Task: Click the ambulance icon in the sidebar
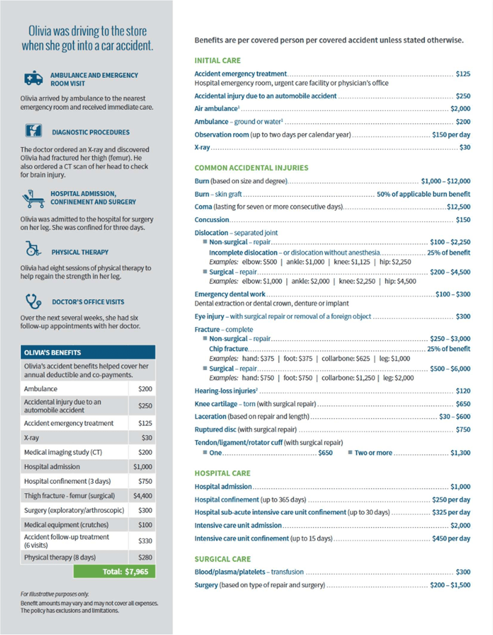click(x=34, y=79)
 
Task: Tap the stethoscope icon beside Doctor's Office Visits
click(x=33, y=302)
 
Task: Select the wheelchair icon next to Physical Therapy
click(x=33, y=249)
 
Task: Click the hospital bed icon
click(x=33, y=198)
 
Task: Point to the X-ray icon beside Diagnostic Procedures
click(x=33, y=131)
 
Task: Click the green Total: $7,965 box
click(x=114, y=572)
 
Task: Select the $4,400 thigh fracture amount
click(x=143, y=496)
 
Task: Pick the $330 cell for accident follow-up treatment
click(x=145, y=541)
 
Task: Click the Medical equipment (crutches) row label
click(x=66, y=525)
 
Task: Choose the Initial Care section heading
click(x=218, y=60)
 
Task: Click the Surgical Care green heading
click(x=222, y=559)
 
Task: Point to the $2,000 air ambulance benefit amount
click(x=460, y=109)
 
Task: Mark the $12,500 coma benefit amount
click(x=458, y=207)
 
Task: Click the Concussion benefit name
click(x=212, y=220)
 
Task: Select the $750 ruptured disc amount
click(x=463, y=429)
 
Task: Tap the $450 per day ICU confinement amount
click(x=451, y=538)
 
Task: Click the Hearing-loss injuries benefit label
click(x=225, y=391)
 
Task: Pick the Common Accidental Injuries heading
click(x=251, y=168)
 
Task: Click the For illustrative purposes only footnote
click(x=54, y=594)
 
